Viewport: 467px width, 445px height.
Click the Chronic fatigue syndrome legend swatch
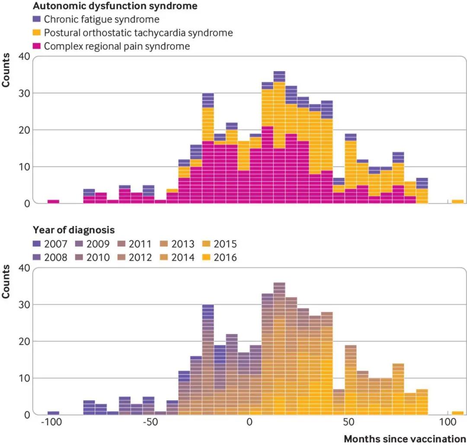pyautogui.click(x=37, y=19)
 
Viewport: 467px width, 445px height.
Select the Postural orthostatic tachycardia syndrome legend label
pyautogui.click(x=138, y=33)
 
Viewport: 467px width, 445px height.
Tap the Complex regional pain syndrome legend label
pyautogui.click(x=117, y=46)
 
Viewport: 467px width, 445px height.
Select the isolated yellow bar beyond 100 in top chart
pyautogui.click(x=457, y=201)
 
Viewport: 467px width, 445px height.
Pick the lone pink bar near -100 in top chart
pyautogui.click(x=53, y=201)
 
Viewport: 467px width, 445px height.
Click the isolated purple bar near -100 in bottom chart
pyautogui.click(x=53, y=413)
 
